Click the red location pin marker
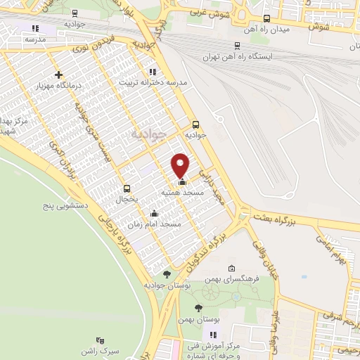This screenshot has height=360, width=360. tap(181, 165)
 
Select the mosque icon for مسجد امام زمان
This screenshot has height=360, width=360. tap(155, 214)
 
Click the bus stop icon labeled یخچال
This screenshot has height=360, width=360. tap(127, 188)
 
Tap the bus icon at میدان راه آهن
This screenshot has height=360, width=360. tap(266, 18)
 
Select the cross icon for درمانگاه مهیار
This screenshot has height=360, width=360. tap(58, 75)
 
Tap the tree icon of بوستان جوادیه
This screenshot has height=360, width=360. tap(167, 274)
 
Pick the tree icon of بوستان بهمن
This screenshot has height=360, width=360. tap(199, 307)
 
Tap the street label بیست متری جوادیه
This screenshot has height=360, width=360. tap(89, 134)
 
